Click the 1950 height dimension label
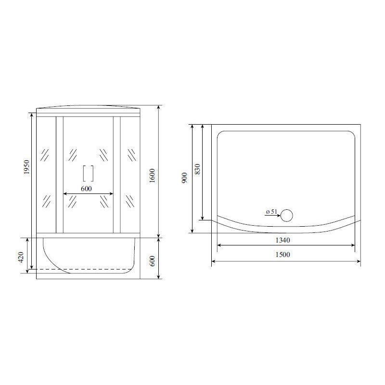[x=27, y=168]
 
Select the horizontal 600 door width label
[x=86, y=189]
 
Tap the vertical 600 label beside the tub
[x=152, y=260]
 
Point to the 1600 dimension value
[x=152, y=176]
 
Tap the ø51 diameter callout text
[x=270, y=211]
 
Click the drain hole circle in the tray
[x=287, y=215]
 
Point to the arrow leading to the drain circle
[x=272, y=216]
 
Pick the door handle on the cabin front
[x=88, y=173]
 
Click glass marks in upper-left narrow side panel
[x=45, y=155]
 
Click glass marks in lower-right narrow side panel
[x=131, y=200]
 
